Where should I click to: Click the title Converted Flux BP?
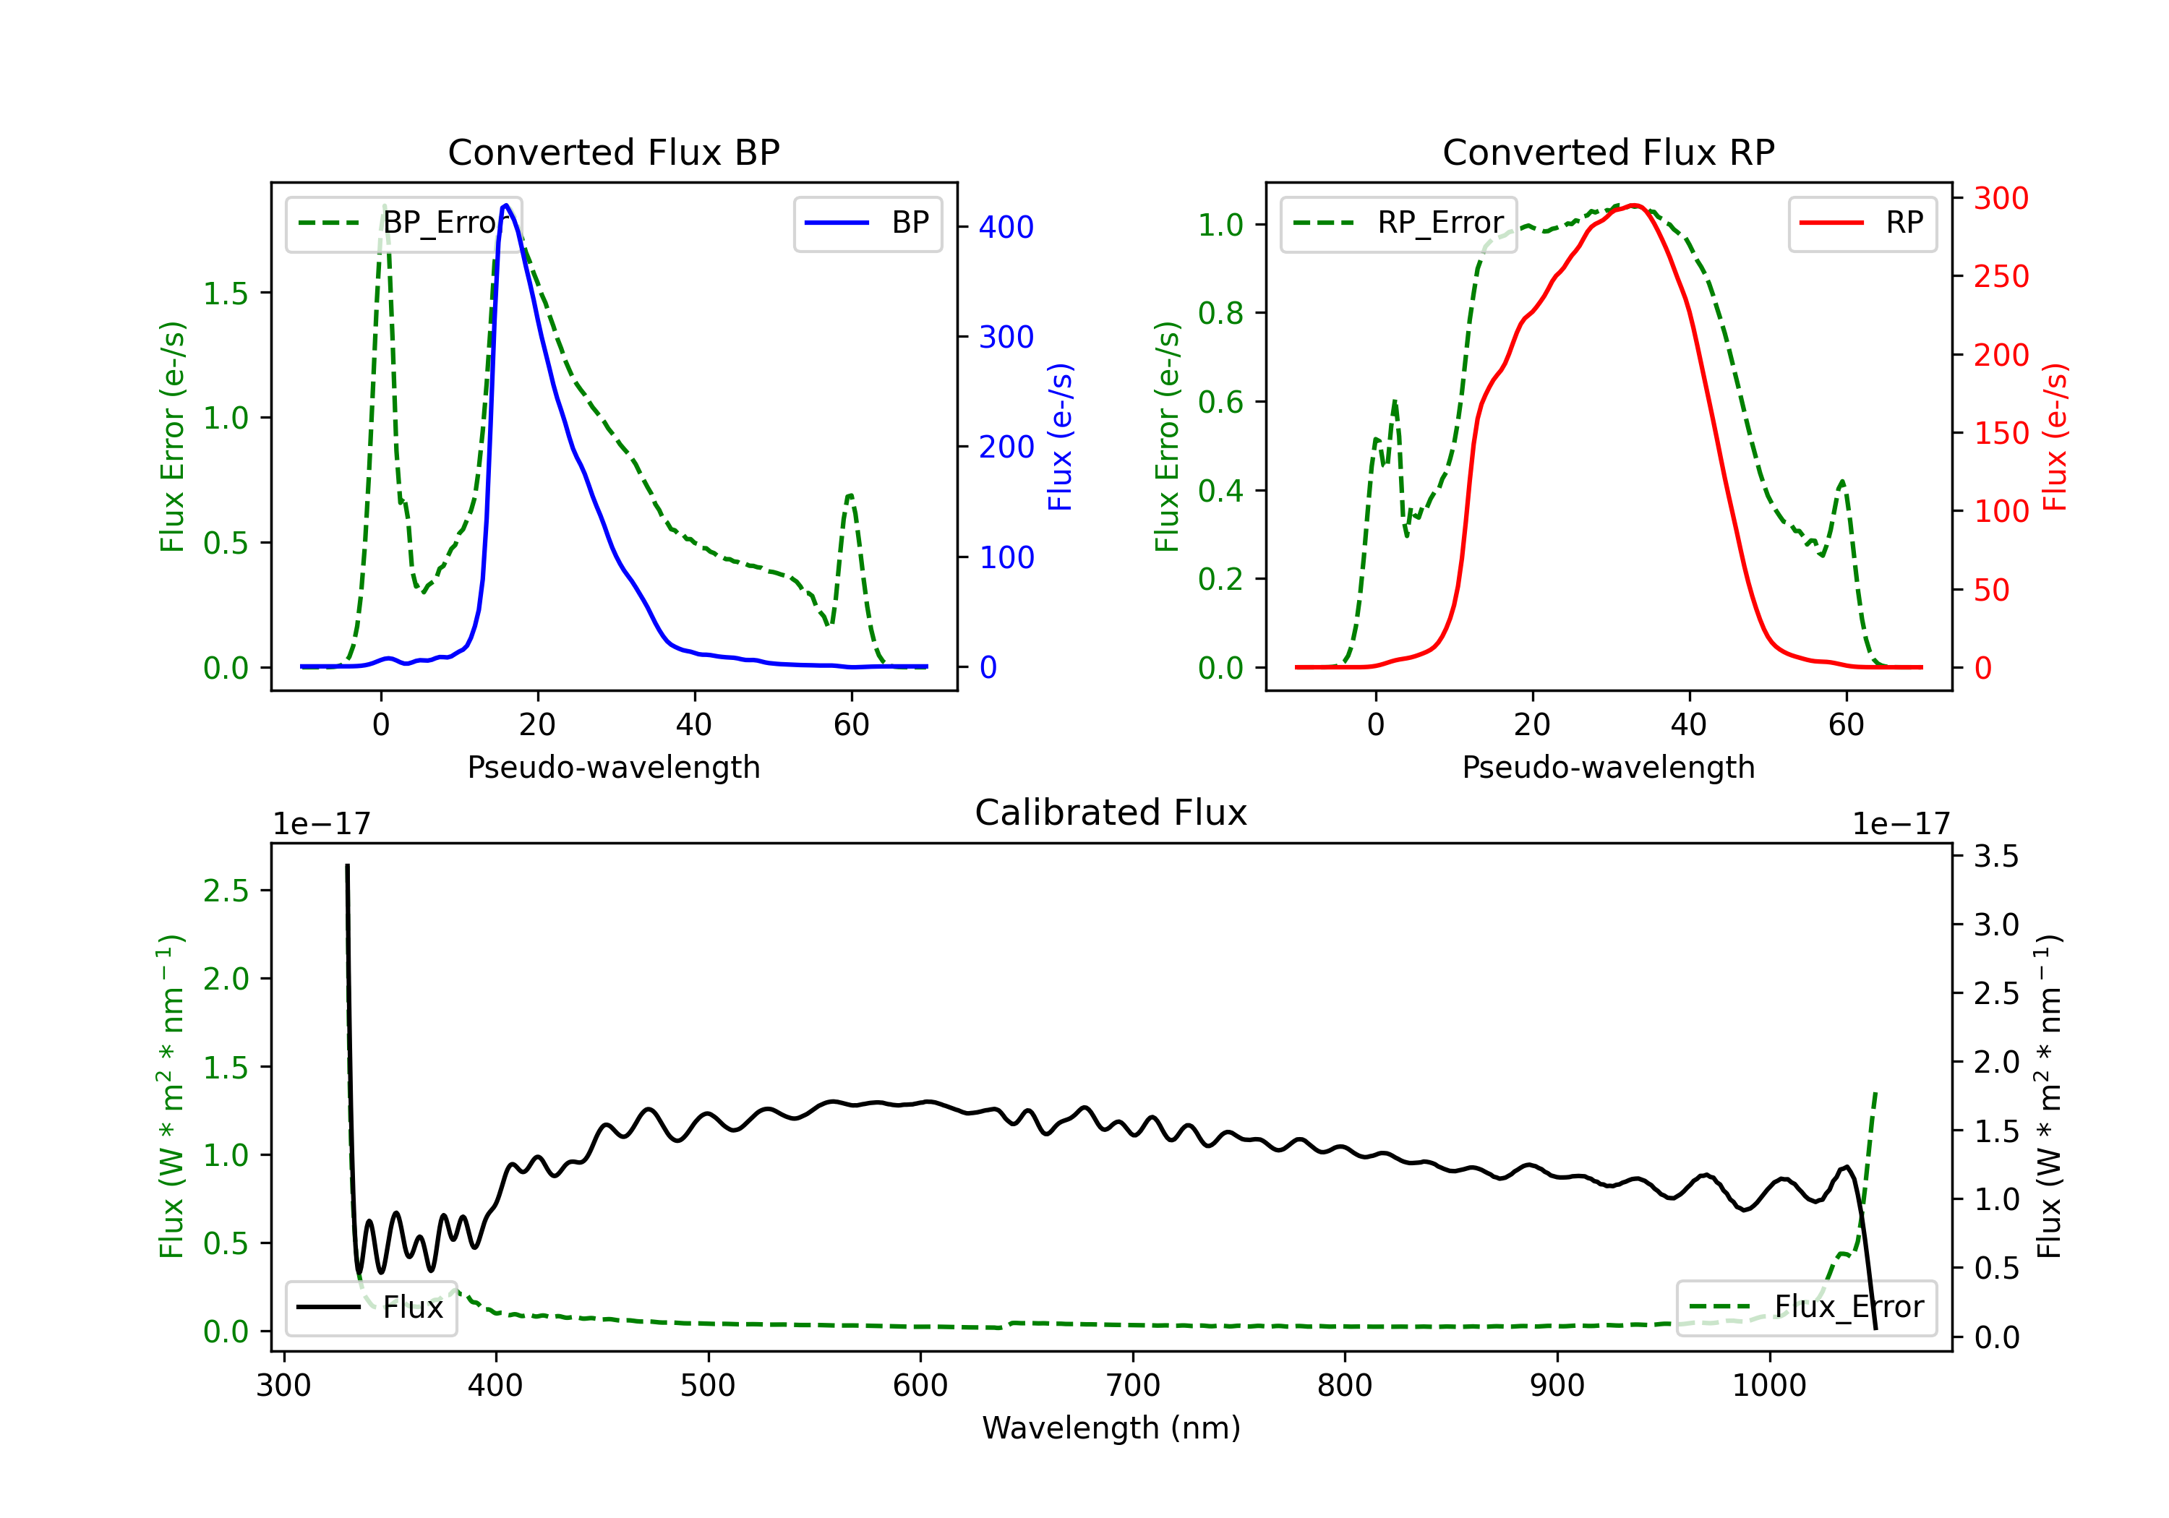pyautogui.click(x=614, y=152)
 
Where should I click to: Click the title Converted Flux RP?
pyautogui.click(x=1609, y=152)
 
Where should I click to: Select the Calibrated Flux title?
pyautogui.click(x=1111, y=812)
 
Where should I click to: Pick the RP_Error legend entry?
pyautogui.click(x=1399, y=223)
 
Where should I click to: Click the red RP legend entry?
pyautogui.click(x=1863, y=223)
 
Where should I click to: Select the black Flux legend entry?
pyautogui.click(x=372, y=1308)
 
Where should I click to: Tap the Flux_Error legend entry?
pyautogui.click(x=1806, y=1308)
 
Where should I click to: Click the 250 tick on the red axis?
pyautogui.click(x=2001, y=277)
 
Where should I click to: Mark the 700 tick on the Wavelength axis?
pyautogui.click(x=1133, y=1386)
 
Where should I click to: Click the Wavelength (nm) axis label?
pyautogui.click(x=1112, y=1428)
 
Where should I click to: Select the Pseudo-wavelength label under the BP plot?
pyautogui.click(x=614, y=767)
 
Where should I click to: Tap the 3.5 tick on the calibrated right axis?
pyautogui.click(x=1996, y=857)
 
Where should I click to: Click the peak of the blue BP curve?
pyautogui.click(x=506, y=205)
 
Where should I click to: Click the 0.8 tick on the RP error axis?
pyautogui.click(x=1220, y=313)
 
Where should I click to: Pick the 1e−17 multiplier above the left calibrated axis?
pyautogui.click(x=322, y=824)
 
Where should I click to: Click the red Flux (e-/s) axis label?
pyautogui.click(x=2055, y=437)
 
